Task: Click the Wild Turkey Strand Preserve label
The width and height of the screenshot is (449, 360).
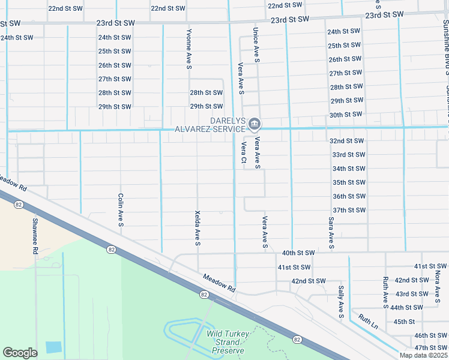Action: point(226,342)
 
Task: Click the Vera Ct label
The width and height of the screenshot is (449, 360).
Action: point(244,152)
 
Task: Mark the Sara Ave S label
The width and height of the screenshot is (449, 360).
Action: point(331,233)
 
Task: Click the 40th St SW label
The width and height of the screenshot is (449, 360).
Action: point(298,253)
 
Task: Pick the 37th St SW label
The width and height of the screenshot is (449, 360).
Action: point(349,210)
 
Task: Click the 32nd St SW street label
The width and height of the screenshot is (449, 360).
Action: point(347,140)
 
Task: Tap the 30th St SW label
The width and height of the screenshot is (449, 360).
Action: point(346,114)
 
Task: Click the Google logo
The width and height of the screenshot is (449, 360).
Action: point(20,353)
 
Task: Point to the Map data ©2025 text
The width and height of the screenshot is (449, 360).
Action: point(423,355)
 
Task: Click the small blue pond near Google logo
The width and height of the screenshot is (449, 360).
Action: point(53,347)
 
